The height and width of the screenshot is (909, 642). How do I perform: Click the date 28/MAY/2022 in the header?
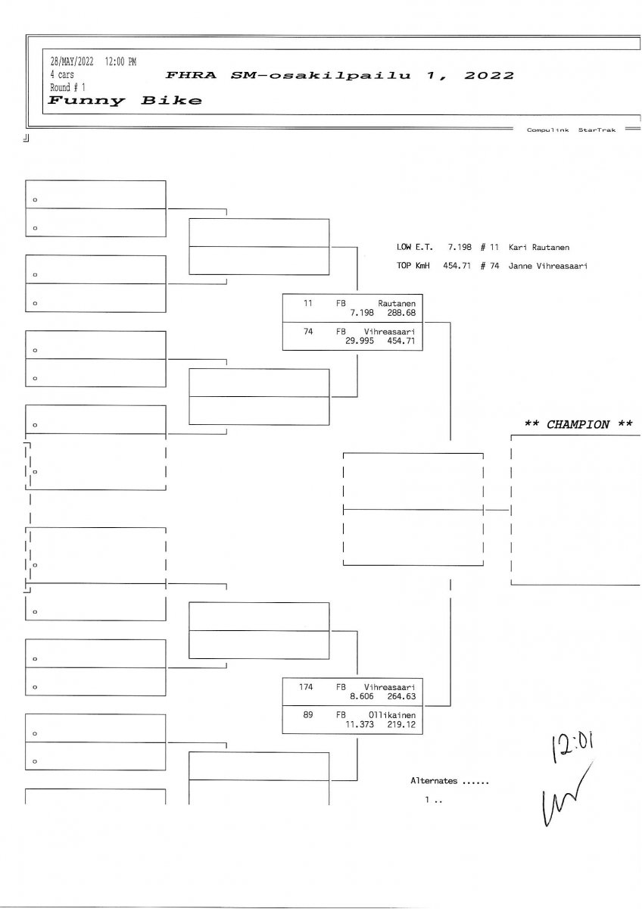pos(72,62)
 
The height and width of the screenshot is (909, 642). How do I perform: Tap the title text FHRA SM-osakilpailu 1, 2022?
pos(339,75)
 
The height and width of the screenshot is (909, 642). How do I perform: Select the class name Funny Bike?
pos(126,100)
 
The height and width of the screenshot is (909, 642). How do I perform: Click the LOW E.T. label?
pos(414,248)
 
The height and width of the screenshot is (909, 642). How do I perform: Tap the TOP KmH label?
pos(414,266)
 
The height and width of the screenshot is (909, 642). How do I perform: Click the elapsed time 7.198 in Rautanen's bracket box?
pos(364,311)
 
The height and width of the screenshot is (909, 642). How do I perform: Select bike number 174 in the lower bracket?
pos(306,687)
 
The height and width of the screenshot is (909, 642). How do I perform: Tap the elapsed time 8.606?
pos(364,695)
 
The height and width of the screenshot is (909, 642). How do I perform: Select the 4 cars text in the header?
pos(62,75)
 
